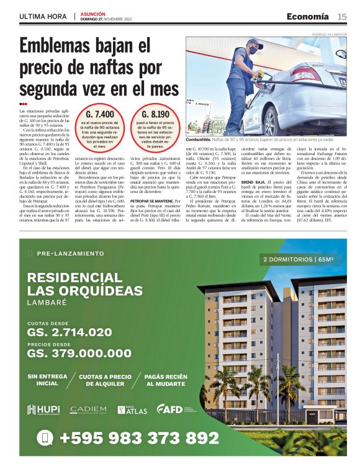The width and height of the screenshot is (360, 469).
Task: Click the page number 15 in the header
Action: click(x=342, y=16)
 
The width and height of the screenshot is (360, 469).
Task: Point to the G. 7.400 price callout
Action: click(x=100, y=115)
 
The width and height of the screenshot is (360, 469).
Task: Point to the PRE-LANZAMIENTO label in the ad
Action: click(x=70, y=254)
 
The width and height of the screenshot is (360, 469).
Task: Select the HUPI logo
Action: click(x=43, y=409)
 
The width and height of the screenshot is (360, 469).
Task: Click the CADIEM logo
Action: click(x=88, y=410)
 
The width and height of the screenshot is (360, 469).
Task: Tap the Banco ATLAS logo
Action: click(x=132, y=409)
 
